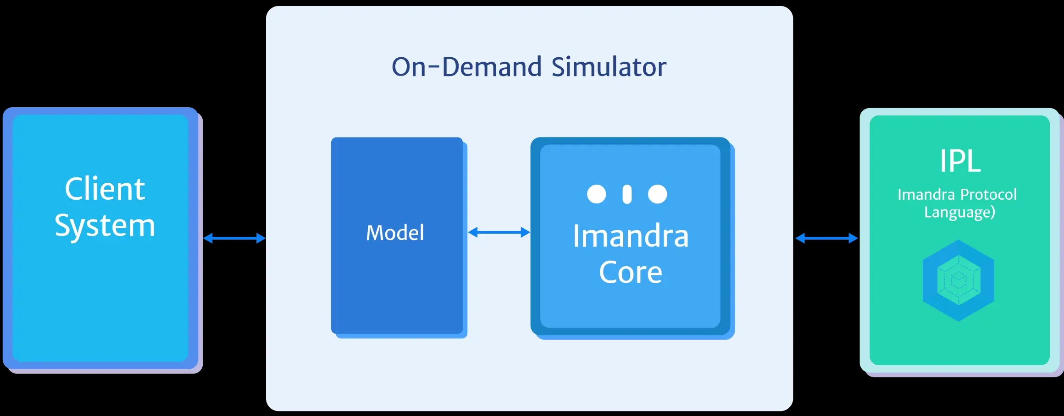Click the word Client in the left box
105,189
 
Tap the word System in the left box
105,226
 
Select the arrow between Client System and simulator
234,238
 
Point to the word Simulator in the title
609,67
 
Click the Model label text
395,233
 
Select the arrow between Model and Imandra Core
499,233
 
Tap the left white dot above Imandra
596,194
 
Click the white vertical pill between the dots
627,194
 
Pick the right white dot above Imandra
657,194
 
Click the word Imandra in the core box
631,236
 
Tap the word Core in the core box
631,273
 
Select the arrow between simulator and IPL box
826,238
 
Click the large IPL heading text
960,161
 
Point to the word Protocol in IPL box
988,195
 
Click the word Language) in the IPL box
959,213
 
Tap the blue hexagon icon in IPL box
959,280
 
